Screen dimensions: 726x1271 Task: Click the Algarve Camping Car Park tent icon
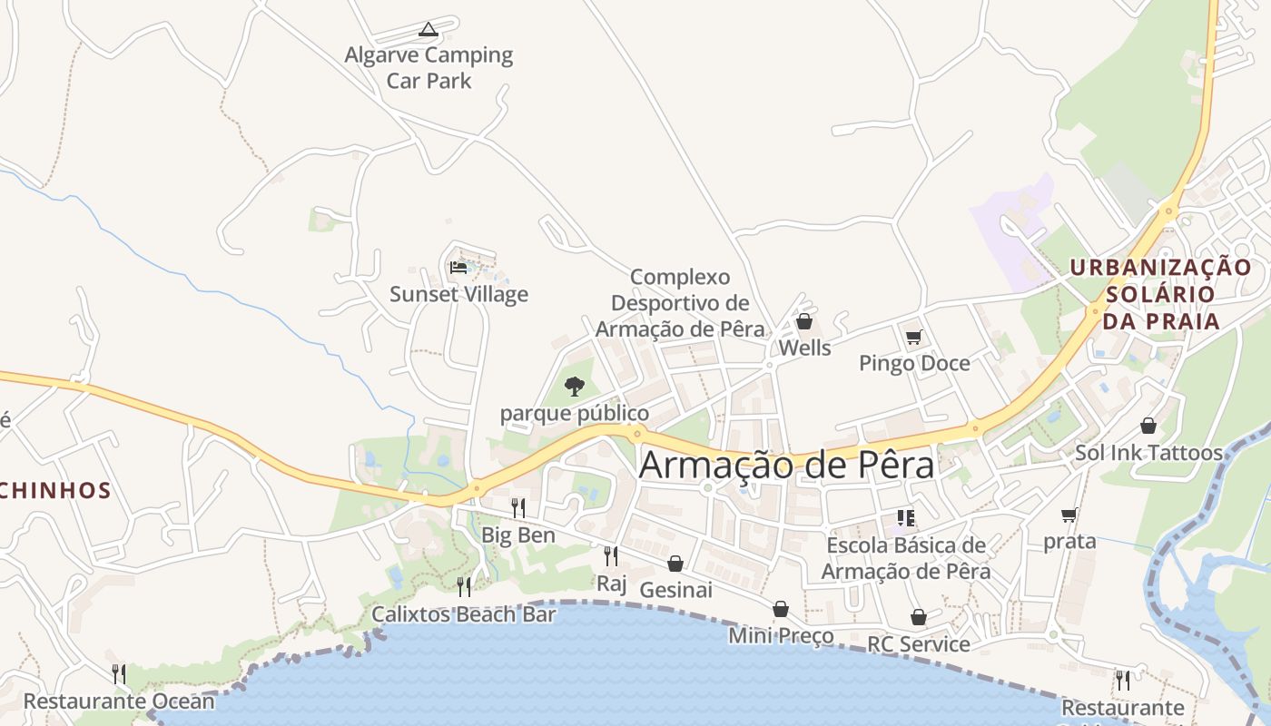point(428,30)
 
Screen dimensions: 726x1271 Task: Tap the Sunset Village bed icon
point(458,268)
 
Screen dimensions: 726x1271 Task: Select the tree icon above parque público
point(574,387)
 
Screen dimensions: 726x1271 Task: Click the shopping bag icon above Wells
point(803,321)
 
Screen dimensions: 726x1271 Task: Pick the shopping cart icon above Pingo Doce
point(913,338)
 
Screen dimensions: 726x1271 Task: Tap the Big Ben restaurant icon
point(517,507)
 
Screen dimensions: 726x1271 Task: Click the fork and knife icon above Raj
point(611,555)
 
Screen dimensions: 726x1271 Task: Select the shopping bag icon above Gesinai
point(675,564)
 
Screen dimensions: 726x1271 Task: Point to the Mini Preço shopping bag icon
point(780,609)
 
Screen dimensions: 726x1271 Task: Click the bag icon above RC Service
point(918,618)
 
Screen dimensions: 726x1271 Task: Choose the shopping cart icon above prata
point(1069,515)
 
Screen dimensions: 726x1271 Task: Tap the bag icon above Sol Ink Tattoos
point(1148,426)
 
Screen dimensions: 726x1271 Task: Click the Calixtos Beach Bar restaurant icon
point(463,586)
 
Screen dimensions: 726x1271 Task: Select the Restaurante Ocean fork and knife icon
point(118,673)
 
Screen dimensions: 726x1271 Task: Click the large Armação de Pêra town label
point(786,466)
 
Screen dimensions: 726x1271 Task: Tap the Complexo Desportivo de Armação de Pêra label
point(680,303)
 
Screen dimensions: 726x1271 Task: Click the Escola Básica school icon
point(905,518)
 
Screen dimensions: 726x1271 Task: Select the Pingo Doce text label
point(914,364)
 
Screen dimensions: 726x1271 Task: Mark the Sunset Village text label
point(458,294)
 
